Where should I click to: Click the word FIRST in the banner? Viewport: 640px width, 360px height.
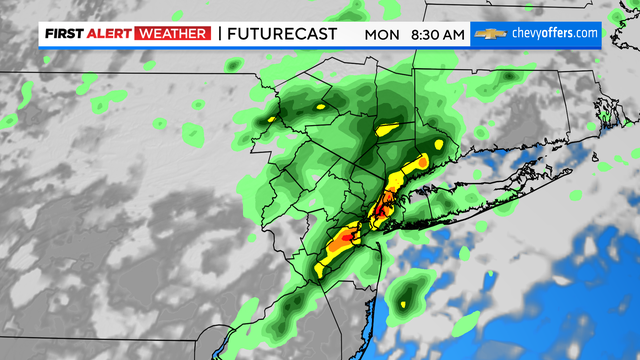click(x=62, y=34)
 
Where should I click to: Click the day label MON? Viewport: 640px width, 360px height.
click(x=380, y=34)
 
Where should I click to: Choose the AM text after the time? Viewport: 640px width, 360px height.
click(x=453, y=34)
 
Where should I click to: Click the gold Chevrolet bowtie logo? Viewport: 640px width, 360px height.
click(x=488, y=34)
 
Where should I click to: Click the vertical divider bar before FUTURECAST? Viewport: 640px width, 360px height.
click(x=219, y=34)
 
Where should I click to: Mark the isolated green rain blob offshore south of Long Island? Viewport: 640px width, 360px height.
click(x=406, y=293)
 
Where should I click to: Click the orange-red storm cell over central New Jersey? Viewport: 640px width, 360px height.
click(x=342, y=240)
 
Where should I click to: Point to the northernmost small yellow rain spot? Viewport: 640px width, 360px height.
click(x=321, y=105)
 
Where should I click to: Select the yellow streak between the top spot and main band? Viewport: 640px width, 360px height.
click(x=388, y=129)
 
